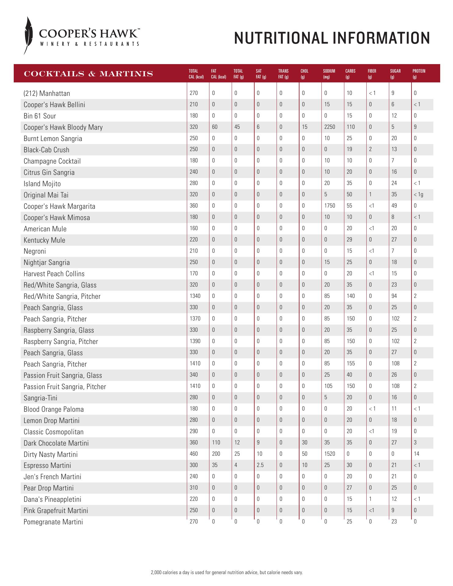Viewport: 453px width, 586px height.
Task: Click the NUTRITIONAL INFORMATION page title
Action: click(x=332, y=38)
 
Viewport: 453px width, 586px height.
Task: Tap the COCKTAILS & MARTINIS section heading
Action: click(x=89, y=74)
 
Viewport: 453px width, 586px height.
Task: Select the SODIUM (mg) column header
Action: click(x=329, y=74)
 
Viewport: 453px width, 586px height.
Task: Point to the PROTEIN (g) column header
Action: click(x=419, y=74)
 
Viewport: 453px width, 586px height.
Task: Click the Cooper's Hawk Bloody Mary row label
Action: click(x=63, y=127)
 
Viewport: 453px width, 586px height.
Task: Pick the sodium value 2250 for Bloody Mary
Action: click(x=329, y=127)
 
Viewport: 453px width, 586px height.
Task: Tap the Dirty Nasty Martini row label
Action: click(x=51, y=454)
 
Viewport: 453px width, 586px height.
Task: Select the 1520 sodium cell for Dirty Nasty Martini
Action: click(x=329, y=454)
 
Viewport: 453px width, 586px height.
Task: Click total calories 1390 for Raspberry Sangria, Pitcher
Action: click(x=195, y=341)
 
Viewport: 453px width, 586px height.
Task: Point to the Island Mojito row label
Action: click(x=42, y=184)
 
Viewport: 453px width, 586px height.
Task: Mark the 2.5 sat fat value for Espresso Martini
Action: click(x=260, y=465)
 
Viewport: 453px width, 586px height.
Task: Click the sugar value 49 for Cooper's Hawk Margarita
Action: click(x=394, y=206)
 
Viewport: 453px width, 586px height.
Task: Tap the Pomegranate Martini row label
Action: click(x=53, y=522)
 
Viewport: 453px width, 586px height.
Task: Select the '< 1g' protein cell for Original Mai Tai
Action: click(x=418, y=194)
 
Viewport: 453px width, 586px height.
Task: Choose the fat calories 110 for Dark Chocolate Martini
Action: click(x=216, y=443)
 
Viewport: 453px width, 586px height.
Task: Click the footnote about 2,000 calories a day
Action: click(x=227, y=573)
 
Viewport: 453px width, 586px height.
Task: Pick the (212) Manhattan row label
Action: click(x=47, y=93)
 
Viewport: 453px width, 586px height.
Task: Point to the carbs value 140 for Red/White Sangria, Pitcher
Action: click(x=350, y=296)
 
